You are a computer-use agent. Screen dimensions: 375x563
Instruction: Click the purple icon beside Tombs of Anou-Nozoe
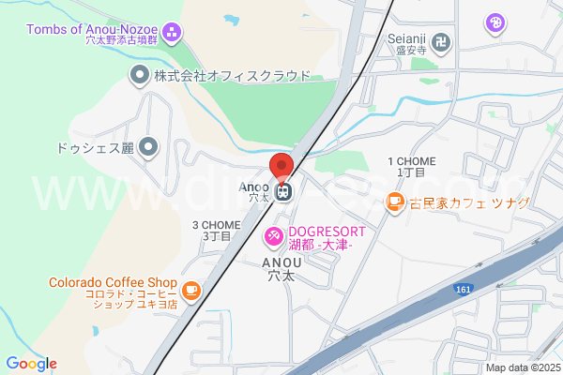(172, 35)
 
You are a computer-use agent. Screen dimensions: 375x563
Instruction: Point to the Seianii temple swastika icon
(442, 41)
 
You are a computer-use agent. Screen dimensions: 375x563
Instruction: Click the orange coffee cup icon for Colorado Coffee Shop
(191, 292)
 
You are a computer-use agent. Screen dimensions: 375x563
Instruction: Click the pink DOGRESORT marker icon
(274, 234)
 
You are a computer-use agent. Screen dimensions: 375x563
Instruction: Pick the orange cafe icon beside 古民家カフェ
(395, 201)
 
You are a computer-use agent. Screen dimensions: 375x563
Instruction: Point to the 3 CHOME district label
(217, 231)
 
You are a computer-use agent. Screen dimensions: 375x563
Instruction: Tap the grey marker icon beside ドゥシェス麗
(148, 146)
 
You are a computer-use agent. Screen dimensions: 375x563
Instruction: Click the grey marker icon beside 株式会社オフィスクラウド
(139, 74)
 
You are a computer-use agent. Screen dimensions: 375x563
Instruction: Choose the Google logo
(31, 364)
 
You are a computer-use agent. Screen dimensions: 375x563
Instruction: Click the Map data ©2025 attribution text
(522, 367)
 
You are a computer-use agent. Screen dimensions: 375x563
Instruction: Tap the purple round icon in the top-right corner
(496, 21)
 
